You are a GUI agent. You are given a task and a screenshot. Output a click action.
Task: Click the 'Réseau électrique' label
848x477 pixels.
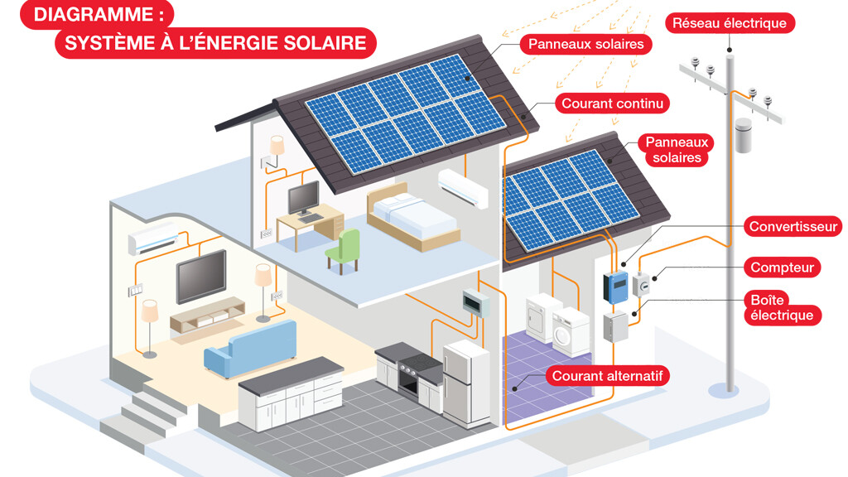pyautogui.click(x=730, y=23)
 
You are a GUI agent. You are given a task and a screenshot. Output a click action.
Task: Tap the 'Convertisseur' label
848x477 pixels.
pyautogui.click(x=793, y=226)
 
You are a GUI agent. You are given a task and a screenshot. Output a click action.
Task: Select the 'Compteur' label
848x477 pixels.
pyautogui.click(x=783, y=267)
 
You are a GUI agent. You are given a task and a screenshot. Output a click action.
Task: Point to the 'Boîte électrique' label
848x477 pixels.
pyautogui.click(x=783, y=306)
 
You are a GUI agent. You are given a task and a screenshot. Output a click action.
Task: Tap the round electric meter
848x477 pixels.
pyautogui.click(x=642, y=285)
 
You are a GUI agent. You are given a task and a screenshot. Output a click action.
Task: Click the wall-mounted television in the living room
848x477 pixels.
pyautogui.click(x=200, y=276)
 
